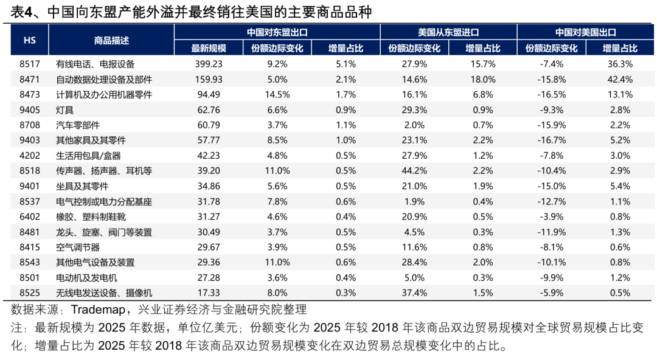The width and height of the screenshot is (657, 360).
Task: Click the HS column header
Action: pyautogui.click(x=29, y=40)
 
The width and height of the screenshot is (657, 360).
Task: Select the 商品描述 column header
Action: pyautogui.click(x=111, y=40)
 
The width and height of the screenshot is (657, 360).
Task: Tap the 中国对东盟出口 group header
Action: pyautogui.click(x=277, y=32)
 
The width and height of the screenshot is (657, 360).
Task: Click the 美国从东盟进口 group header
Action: pyautogui.click(x=448, y=32)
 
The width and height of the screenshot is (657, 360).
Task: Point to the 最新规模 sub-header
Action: pyautogui.click(x=209, y=48)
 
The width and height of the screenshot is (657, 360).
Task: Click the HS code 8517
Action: pyautogui.click(x=29, y=63)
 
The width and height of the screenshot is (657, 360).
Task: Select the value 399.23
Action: pyautogui.click(x=209, y=63)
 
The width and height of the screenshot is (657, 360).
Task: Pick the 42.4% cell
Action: pyautogui.click(x=620, y=79)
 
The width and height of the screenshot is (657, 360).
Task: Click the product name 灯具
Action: pyautogui.click(x=65, y=109)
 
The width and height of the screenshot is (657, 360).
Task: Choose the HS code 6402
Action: pyautogui.click(x=29, y=216)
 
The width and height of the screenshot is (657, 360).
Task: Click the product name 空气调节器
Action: pyautogui.click(x=78, y=247)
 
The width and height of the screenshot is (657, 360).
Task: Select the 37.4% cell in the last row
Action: pyautogui.click(x=414, y=292)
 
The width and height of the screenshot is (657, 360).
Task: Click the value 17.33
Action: pyautogui.click(x=209, y=292)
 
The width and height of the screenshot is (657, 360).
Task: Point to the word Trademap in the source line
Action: pyautogui.click(x=98, y=309)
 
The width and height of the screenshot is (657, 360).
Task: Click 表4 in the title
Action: pyautogui.click(x=23, y=12)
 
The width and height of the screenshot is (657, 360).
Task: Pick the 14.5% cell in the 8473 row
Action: pyautogui.click(x=277, y=94)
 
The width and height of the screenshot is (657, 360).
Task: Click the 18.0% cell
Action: pyautogui.click(x=482, y=79)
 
